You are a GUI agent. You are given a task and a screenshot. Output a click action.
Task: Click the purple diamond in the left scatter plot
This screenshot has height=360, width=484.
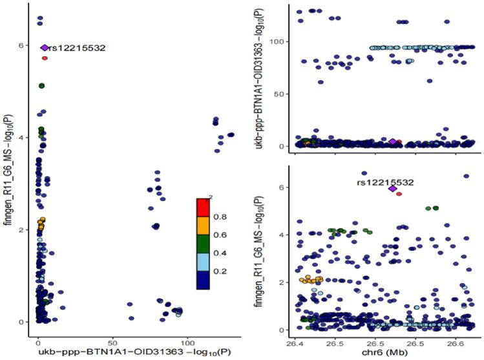click(x=45, y=48)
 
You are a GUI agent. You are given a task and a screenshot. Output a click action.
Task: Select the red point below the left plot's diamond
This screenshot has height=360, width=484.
click(x=45, y=58)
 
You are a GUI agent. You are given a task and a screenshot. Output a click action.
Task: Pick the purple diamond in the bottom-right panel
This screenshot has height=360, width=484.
click(x=392, y=189)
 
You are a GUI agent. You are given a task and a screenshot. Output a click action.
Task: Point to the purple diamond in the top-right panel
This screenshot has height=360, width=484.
click(x=392, y=142)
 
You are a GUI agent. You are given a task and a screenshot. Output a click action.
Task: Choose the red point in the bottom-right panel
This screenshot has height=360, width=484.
click(x=399, y=193)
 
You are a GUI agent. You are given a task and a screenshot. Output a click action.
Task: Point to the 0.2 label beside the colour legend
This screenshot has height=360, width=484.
click(x=220, y=272)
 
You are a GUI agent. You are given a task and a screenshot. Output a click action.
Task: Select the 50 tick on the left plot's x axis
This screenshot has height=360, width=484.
click(x=112, y=341)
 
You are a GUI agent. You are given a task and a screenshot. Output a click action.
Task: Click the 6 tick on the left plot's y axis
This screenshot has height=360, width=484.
click(x=21, y=46)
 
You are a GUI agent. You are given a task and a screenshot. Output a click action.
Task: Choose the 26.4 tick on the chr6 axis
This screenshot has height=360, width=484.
click(x=298, y=341)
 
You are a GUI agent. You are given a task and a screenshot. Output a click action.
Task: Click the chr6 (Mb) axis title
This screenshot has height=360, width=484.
click(x=382, y=352)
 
